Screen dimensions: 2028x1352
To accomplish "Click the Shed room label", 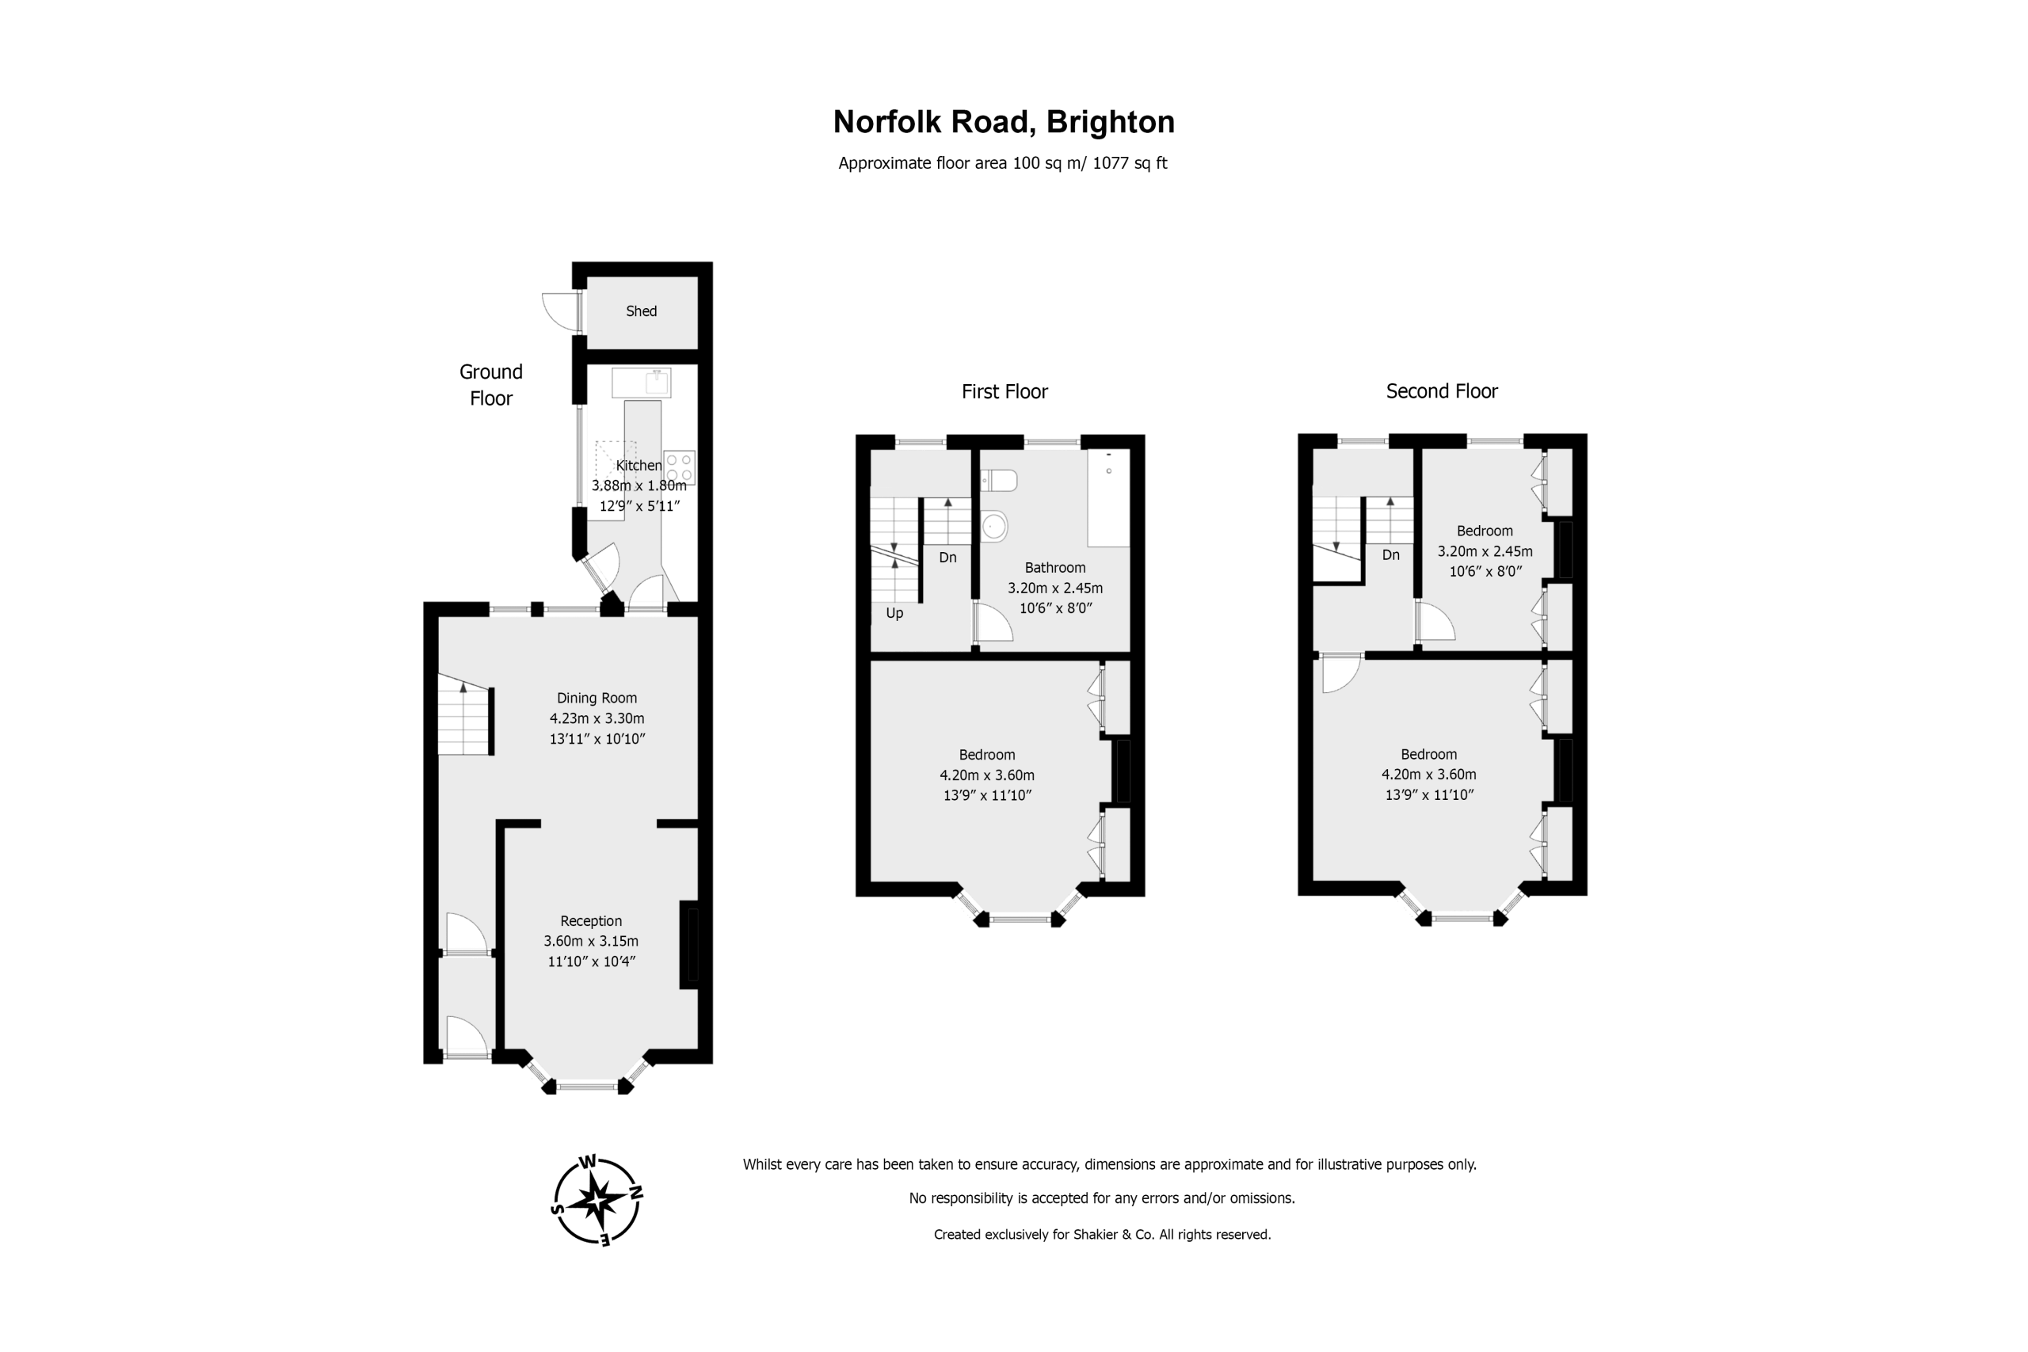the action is pos(641,311).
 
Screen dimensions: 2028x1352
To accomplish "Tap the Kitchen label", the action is pos(639,466).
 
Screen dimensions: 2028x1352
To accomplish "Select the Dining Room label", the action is pos(597,698).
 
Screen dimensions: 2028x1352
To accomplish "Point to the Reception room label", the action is pos(591,921).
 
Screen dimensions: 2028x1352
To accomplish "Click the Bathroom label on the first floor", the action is pos(1054,567).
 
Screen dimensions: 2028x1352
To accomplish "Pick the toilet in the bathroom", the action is pos(999,479).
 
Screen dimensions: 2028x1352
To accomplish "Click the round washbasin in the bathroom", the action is pos(994,525).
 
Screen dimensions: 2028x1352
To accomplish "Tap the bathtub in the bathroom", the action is pos(1108,497).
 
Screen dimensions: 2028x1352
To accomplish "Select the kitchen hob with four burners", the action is pos(680,467).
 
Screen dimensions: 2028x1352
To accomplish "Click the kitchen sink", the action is pos(642,383).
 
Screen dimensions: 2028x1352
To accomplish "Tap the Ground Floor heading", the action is pos(490,385).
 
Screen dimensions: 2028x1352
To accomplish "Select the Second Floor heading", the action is pos(1442,391).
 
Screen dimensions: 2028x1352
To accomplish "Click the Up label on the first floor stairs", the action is pos(894,613).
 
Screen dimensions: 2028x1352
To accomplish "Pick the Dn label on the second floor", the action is pos(1391,555).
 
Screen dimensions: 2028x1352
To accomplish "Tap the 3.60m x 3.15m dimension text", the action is pos(591,941).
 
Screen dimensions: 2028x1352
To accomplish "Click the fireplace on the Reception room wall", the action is pos(689,944).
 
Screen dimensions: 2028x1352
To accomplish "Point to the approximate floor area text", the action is pos(1003,163).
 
